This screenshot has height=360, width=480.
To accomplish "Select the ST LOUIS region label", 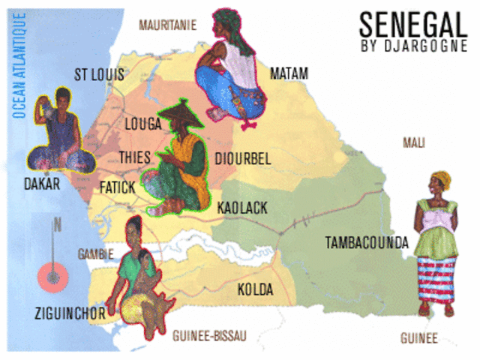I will coord(99,74).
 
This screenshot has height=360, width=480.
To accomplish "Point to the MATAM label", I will coord(289,73).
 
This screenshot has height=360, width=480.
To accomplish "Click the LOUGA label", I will coord(143,124).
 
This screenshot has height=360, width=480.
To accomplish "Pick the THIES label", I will coord(135,157).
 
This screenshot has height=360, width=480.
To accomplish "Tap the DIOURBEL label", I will coord(242,158).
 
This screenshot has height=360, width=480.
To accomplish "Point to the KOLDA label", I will coord(255,289).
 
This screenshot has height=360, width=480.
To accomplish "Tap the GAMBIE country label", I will coord(95,253).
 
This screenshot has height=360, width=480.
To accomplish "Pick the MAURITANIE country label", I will coord(167,25).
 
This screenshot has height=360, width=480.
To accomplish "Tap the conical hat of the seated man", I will coord(180,115).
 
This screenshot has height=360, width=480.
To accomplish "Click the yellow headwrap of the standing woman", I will coord(440,180).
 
